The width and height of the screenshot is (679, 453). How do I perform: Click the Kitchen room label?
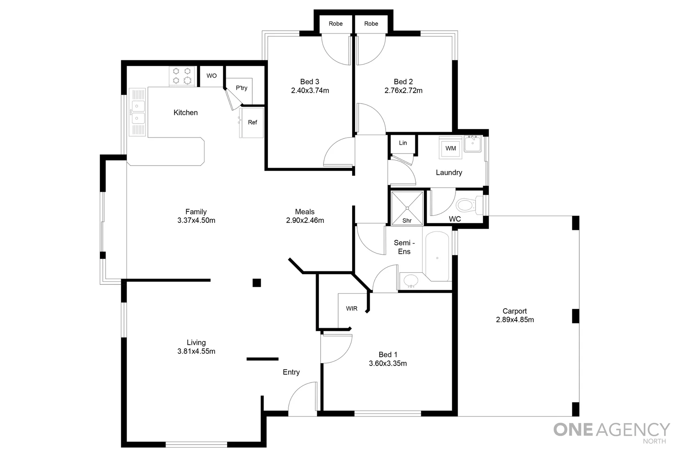[x=185, y=112]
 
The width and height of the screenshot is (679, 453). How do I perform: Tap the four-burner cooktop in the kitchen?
[x=182, y=76]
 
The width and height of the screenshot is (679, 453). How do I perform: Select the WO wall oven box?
[x=212, y=76]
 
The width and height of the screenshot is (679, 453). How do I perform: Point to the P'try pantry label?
[x=241, y=88]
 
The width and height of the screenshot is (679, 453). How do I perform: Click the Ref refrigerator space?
[x=252, y=122]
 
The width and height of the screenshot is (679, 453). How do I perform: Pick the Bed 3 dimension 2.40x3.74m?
[x=310, y=91]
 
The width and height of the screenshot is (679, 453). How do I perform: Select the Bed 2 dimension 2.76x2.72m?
[x=403, y=91]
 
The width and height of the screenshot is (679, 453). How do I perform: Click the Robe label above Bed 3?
[x=335, y=24]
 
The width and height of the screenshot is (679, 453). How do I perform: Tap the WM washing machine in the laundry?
[x=451, y=148]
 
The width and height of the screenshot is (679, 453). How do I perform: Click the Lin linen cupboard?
[x=403, y=143]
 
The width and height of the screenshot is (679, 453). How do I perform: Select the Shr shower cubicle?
[x=407, y=208]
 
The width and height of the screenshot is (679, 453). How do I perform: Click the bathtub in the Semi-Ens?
[x=437, y=256]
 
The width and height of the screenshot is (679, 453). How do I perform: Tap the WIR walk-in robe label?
[x=352, y=309]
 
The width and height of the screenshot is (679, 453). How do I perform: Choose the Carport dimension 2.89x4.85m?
[x=515, y=320]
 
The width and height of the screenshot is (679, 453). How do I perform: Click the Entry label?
[x=291, y=372]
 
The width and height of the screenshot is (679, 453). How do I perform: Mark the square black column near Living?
[x=257, y=283]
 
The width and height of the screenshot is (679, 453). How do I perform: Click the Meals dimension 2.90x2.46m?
[x=305, y=221]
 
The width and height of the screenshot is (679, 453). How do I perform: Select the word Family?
[x=196, y=212]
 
